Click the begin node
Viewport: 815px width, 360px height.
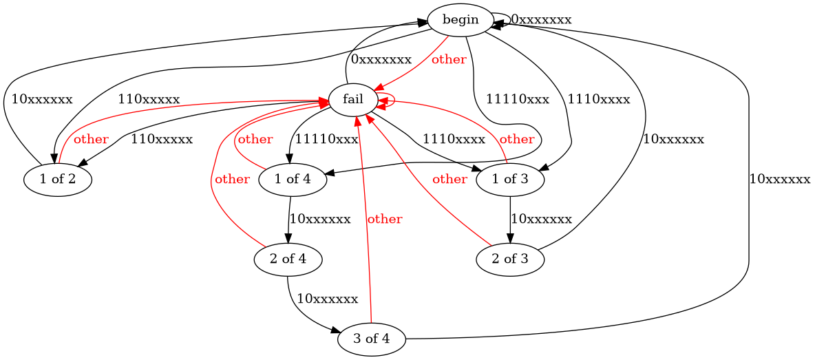(x=461, y=19)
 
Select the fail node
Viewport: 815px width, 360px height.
(x=353, y=100)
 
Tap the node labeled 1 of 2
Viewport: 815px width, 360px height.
(x=59, y=180)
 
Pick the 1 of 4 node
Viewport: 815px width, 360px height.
(x=293, y=180)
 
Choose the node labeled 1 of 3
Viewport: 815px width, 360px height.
(x=510, y=180)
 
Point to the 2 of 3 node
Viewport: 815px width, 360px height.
(x=510, y=260)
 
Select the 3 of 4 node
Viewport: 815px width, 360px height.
(x=372, y=339)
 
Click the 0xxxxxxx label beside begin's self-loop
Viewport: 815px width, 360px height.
(x=541, y=19)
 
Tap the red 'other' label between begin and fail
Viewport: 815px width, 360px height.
(x=449, y=59)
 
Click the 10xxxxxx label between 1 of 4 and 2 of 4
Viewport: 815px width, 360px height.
(x=320, y=219)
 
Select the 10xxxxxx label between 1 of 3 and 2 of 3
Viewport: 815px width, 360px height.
(x=541, y=219)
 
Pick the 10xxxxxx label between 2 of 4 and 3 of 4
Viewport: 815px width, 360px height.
(x=327, y=299)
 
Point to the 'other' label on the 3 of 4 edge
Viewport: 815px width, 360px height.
(x=384, y=220)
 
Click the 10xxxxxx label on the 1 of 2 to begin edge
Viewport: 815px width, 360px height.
(x=41, y=99)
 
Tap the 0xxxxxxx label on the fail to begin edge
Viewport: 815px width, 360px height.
(x=381, y=59)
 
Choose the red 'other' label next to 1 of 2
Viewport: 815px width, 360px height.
(x=91, y=139)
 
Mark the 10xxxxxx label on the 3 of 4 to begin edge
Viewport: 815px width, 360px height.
(x=780, y=180)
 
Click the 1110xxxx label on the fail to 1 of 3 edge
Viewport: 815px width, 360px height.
(x=454, y=139)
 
